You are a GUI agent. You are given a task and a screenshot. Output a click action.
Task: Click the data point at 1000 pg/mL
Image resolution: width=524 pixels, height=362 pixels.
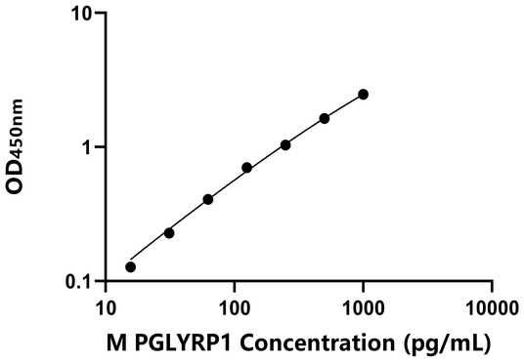(364, 94)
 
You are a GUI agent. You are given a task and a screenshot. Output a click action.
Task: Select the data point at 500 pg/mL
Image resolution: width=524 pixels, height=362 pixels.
(325, 118)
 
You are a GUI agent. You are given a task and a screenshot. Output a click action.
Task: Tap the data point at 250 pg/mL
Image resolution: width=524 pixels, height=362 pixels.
(285, 144)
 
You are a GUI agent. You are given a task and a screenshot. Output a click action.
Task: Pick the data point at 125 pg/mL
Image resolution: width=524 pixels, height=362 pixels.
(246, 168)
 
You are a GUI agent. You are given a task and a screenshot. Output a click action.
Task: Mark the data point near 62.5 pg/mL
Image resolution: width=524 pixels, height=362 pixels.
(208, 199)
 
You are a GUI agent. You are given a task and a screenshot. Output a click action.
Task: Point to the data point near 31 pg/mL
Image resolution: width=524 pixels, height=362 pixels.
(169, 232)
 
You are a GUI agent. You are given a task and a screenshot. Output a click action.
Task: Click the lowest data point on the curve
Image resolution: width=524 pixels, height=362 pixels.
(130, 266)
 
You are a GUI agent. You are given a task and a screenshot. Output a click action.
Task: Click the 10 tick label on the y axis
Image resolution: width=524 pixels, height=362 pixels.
(82, 15)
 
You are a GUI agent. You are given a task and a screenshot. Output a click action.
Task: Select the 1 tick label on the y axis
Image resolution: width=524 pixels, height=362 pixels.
(87, 148)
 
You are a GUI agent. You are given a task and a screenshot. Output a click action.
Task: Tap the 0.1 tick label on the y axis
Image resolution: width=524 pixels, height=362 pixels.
(79, 282)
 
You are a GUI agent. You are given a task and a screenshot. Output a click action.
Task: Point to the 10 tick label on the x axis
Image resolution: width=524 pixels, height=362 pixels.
(105, 309)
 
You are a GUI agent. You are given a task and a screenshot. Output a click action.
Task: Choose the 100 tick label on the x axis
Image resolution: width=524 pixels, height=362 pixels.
(234, 309)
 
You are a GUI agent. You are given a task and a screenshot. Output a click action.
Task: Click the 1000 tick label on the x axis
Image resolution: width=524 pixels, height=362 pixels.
(363, 309)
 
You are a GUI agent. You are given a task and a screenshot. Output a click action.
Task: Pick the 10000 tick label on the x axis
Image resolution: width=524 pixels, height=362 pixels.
(492, 309)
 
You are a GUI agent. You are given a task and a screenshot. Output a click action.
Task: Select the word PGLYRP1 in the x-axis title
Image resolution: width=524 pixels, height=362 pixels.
(182, 343)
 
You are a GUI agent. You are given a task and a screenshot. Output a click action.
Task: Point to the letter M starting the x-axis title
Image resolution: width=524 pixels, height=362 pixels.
(119, 343)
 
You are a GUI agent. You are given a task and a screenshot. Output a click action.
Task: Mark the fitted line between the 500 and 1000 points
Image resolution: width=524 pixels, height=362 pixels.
(344, 105)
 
